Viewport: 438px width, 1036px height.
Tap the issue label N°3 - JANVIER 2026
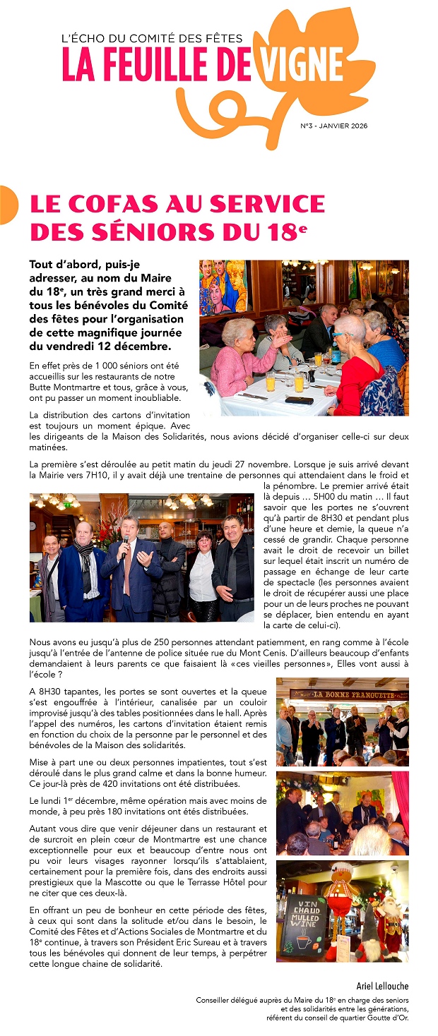coord(333,126)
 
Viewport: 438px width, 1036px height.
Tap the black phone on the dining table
coord(300,399)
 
